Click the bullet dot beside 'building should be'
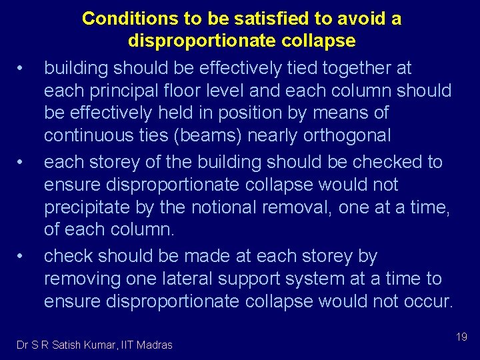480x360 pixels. coord(22,68)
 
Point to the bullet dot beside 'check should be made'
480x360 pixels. coord(22,256)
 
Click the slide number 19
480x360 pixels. coord(461,337)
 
